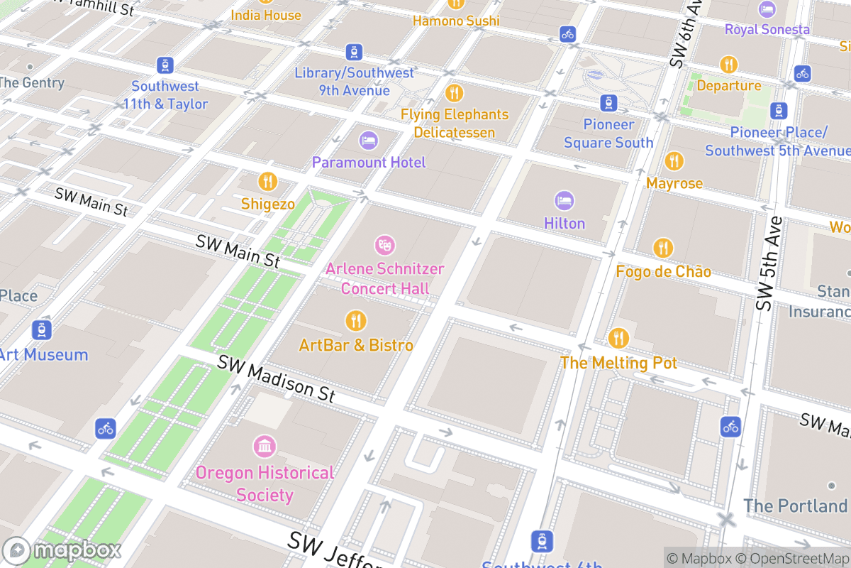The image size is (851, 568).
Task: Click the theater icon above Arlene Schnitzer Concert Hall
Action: [384, 246]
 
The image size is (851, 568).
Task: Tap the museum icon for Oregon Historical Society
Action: [265, 447]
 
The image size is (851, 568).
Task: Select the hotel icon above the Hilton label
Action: [564, 200]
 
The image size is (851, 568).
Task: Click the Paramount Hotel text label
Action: [369, 163]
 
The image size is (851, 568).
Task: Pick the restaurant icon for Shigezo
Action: [267, 181]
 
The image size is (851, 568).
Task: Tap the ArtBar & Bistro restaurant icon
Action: [355, 321]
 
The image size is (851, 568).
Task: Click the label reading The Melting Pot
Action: [618, 363]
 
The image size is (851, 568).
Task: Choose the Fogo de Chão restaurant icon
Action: [663, 248]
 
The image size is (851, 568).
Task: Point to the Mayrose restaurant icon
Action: [674, 160]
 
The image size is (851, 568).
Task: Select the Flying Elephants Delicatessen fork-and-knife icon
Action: [454, 92]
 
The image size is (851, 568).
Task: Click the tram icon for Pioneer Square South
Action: [608, 102]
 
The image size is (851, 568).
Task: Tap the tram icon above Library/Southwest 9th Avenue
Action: [354, 52]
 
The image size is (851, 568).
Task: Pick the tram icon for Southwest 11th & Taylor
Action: [165, 65]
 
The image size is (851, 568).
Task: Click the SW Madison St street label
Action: [276, 378]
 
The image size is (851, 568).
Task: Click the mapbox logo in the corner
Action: [63, 550]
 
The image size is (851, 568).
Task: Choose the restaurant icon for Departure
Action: [728, 65]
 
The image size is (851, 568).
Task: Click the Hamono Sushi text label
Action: [456, 21]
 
